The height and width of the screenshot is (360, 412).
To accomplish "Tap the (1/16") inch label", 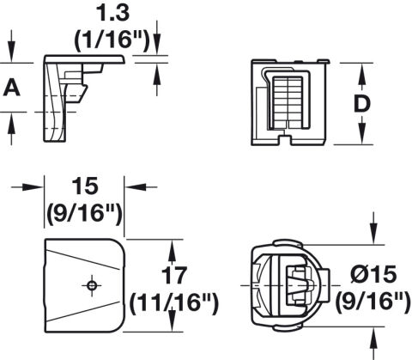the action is (112, 40).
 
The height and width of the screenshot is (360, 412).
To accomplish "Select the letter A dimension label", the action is (12, 88).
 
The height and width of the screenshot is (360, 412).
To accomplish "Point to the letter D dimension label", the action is (362, 103).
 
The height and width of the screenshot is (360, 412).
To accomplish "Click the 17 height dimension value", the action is (174, 275).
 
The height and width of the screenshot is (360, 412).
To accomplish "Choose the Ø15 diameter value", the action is (373, 274).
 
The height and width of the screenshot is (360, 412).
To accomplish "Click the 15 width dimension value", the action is (85, 186).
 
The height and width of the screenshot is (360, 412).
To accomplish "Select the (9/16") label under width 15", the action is (85, 213).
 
